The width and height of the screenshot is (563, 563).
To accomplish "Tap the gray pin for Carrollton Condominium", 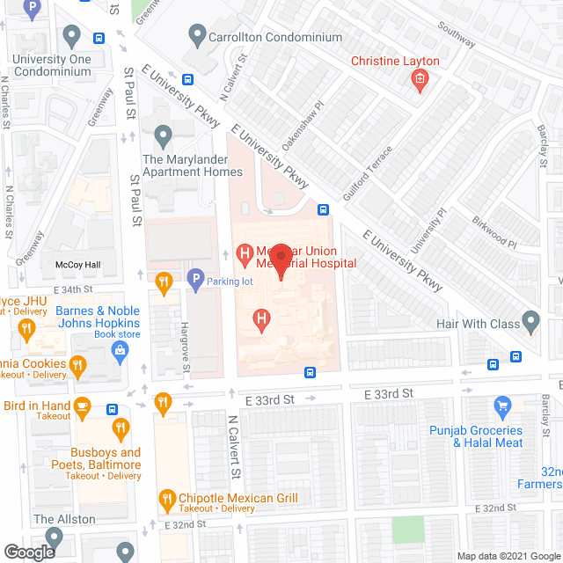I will tap(196, 37).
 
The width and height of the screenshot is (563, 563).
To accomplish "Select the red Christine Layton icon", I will tap(420, 82).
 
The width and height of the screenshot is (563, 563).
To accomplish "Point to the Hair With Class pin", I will tap(530, 320).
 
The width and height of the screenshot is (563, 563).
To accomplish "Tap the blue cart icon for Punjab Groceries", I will tap(502, 406).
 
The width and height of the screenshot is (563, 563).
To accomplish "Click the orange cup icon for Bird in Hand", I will tap(83, 405).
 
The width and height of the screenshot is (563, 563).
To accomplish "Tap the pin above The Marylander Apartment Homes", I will tap(162, 137).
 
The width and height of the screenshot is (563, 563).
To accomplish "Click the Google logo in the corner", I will tap(28, 552).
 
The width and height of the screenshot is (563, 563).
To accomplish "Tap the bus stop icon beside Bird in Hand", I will tap(112, 410).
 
